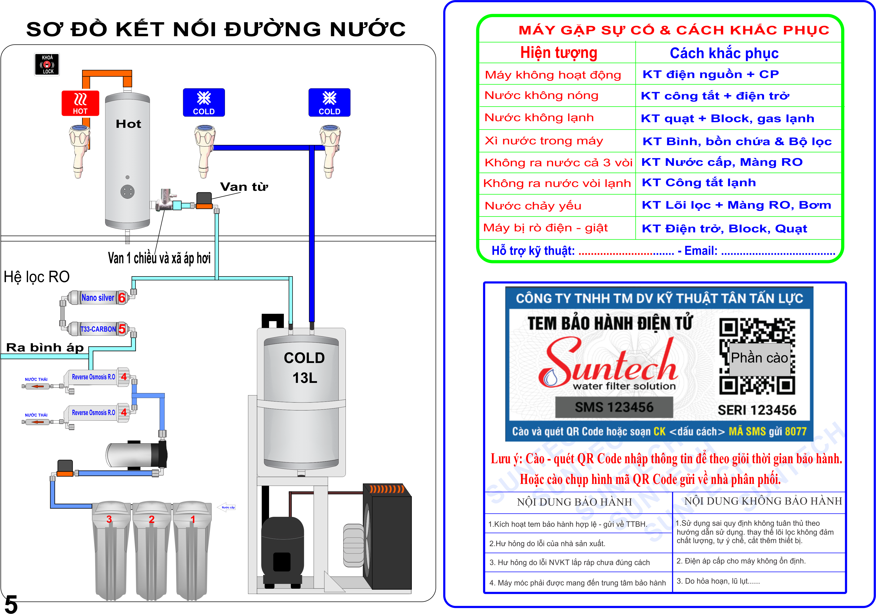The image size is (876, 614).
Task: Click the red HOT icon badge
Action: [80, 103]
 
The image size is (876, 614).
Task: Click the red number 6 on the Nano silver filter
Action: [122, 298]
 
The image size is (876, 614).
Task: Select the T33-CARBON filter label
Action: [98, 329]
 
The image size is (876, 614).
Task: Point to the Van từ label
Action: [244, 187]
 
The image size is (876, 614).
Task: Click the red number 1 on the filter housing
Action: [193, 519]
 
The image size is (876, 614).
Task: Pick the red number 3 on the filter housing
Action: [109, 519]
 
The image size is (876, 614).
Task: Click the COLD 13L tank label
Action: [304, 368]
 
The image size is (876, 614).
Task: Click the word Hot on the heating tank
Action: [128, 124]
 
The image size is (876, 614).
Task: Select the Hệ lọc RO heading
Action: [37, 277]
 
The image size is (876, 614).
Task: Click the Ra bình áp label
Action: [45, 348]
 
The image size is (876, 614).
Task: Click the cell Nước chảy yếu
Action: [533, 206]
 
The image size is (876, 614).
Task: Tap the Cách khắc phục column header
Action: [724, 53]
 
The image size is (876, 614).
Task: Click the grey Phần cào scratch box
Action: [759, 358]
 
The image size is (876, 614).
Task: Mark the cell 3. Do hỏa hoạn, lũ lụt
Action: [718, 581]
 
